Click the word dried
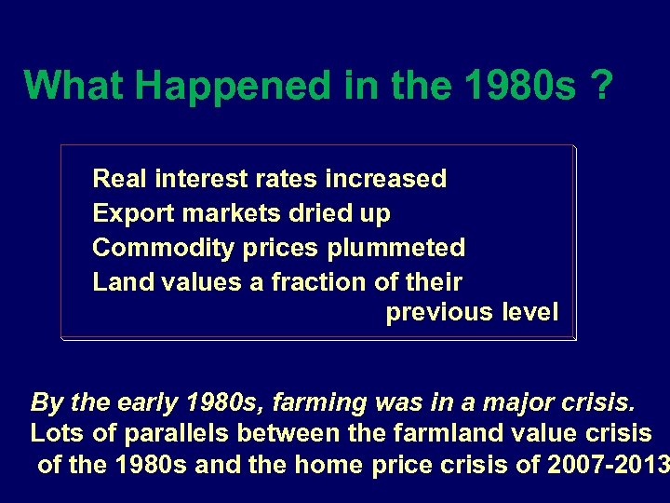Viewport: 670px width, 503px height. (x=320, y=213)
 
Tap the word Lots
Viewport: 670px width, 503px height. (x=54, y=433)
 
